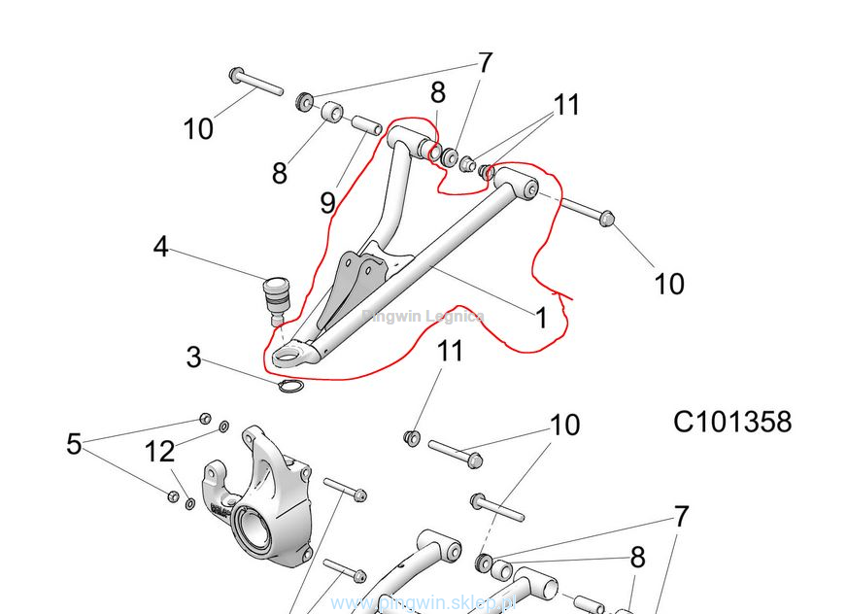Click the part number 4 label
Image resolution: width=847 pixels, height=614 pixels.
click(161, 247)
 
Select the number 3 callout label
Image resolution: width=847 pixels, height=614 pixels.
click(194, 358)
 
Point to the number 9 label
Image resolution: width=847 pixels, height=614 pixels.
click(328, 202)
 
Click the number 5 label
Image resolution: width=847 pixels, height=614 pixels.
click(74, 444)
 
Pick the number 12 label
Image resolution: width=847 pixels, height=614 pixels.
click(160, 451)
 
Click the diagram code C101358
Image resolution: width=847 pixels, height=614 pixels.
click(732, 422)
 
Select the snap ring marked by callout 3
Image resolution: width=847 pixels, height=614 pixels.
click(289, 389)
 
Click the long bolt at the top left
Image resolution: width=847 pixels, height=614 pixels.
click(255, 82)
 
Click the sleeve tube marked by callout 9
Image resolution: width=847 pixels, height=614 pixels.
click(365, 126)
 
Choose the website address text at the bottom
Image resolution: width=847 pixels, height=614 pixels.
click(423, 603)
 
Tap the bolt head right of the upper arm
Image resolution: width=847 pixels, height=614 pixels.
click(605, 218)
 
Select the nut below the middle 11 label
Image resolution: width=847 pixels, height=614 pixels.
click(411, 439)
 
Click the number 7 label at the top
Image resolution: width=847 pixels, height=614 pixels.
click(484, 63)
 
